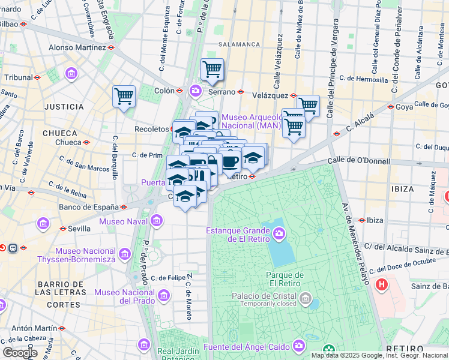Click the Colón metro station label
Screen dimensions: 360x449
click(x=164, y=91)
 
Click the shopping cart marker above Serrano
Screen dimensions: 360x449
click(x=212, y=70)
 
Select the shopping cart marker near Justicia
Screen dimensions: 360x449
click(x=124, y=96)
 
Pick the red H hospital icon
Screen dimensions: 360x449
click(x=381, y=284)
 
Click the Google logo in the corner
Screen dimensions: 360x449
click(x=19, y=353)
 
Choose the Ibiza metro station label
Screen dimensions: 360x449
click(x=375, y=220)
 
